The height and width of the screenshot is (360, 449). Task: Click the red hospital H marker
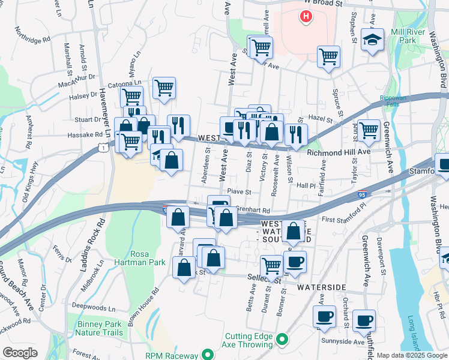coord(306,16)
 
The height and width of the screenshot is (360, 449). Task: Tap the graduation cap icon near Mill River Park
coord(372,40)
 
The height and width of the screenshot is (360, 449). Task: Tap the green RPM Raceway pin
coord(208,355)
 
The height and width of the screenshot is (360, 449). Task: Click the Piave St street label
coord(238,192)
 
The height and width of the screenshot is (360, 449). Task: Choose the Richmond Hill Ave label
coord(339,152)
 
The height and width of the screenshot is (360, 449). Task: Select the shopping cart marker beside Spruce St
coord(328,57)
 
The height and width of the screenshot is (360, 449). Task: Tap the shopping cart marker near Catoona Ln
coord(164,88)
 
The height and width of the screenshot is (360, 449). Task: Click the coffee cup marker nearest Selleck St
coord(294,262)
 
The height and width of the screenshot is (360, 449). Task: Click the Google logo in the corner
coord(20,353)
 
